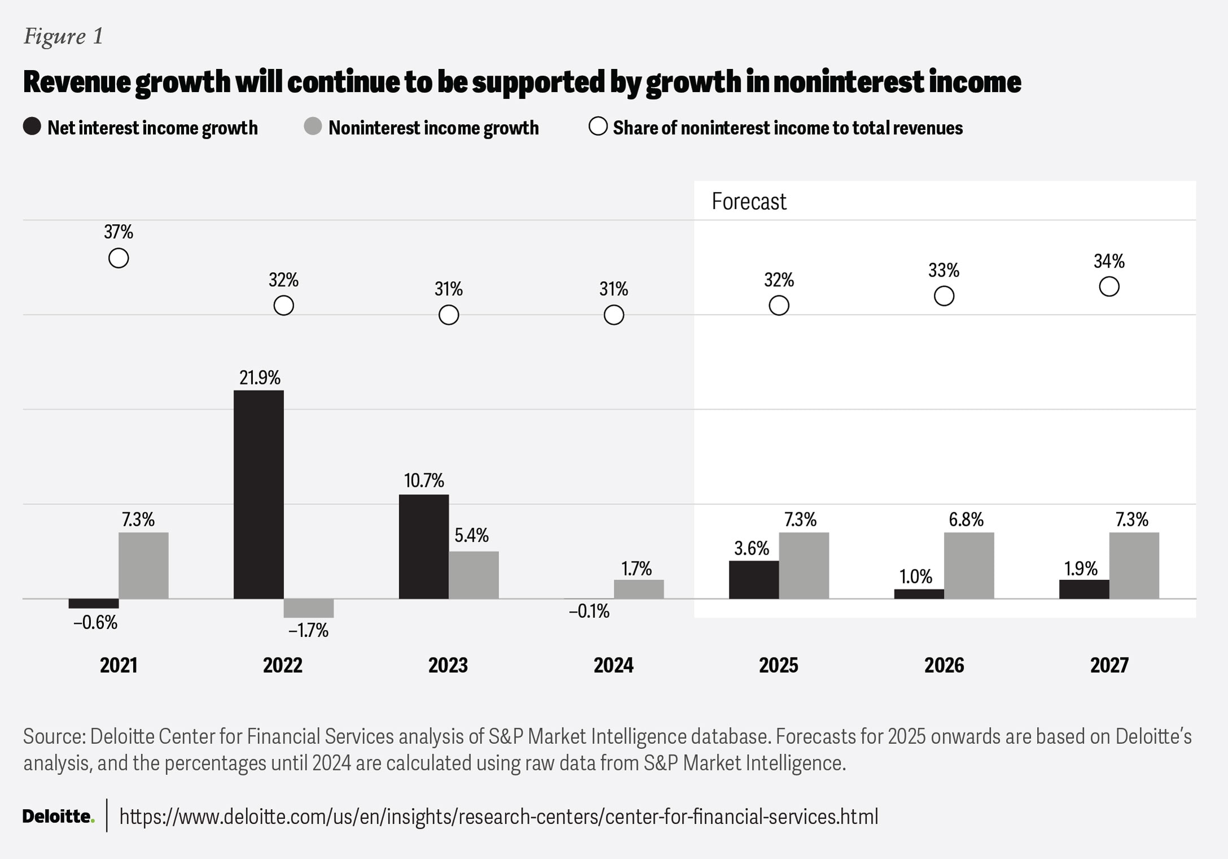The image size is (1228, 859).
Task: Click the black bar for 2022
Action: click(x=259, y=494)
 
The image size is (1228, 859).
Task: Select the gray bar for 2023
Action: click(x=474, y=575)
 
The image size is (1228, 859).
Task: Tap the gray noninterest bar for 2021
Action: click(x=143, y=565)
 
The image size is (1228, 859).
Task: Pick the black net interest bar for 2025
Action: click(x=754, y=579)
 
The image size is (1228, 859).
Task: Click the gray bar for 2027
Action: click(x=1134, y=565)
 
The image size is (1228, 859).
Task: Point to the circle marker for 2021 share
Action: click(x=119, y=258)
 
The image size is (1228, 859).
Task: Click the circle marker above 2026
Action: click(x=944, y=296)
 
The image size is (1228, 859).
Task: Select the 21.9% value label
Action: click(x=260, y=378)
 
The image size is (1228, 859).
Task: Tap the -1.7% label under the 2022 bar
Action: click(x=308, y=630)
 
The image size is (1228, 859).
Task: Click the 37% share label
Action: click(x=119, y=232)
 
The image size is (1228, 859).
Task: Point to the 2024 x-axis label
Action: click(x=613, y=665)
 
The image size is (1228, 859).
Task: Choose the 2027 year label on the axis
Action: click(x=1109, y=665)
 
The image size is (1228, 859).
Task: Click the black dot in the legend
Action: click(x=32, y=127)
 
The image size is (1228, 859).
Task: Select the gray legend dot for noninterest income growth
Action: click(x=313, y=127)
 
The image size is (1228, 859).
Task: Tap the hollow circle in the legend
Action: click(x=598, y=127)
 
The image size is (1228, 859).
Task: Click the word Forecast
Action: click(x=749, y=202)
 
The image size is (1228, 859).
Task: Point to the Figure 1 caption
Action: click(x=63, y=37)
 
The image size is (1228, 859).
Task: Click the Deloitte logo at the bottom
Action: click(x=58, y=816)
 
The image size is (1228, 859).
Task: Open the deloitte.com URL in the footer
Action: click(x=499, y=817)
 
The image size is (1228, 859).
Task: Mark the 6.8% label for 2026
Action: click(x=966, y=520)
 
